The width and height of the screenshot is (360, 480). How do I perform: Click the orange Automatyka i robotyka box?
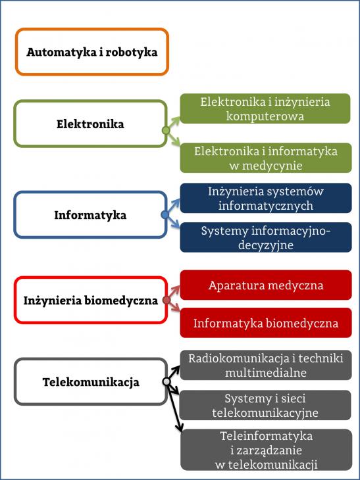(x=92, y=30)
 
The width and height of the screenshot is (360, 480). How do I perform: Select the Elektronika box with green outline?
(x=90, y=102)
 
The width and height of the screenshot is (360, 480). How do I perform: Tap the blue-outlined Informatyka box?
(x=90, y=193)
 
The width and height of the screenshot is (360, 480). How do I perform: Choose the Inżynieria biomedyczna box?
(x=90, y=278)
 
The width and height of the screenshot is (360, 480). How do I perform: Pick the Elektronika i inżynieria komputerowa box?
(x=265, y=108)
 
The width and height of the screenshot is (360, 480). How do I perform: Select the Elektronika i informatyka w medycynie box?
(x=266, y=158)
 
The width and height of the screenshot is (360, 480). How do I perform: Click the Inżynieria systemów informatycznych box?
(x=266, y=198)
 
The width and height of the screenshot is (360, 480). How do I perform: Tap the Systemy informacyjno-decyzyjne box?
(x=266, y=237)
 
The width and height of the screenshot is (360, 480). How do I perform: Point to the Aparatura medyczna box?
(x=266, y=285)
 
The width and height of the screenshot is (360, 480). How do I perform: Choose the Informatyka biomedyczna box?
(x=266, y=323)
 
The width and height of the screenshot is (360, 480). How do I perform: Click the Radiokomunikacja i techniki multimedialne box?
(x=266, y=365)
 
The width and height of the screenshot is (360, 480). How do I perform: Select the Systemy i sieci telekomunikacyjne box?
(x=265, y=405)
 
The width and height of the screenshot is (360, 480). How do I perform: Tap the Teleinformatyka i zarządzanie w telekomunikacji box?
(x=267, y=450)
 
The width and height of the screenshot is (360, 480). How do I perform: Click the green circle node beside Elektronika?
(x=166, y=131)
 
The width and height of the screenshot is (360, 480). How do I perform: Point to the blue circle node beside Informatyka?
(x=165, y=214)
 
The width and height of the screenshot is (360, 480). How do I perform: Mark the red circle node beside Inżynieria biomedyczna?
(x=167, y=300)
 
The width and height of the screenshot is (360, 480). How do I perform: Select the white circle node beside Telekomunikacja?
(x=167, y=381)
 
